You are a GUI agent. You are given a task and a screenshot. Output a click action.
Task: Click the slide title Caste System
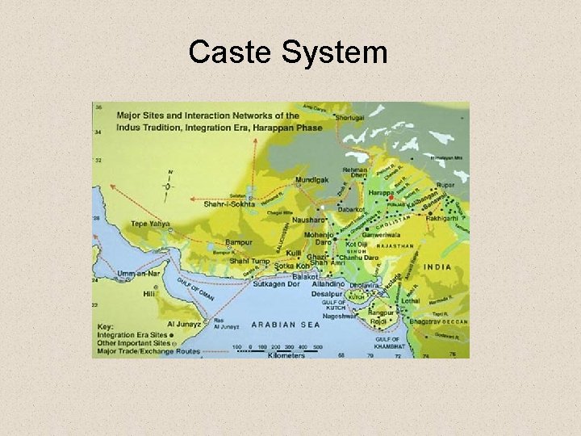click(288, 53)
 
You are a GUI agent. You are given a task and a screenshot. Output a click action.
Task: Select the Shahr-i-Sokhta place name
click(229, 203)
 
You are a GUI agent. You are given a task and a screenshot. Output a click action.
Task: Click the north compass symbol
click(169, 187)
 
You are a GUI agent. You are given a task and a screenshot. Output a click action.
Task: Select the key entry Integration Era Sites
click(132, 334)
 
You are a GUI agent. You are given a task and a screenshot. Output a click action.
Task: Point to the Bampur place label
click(238, 242)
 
